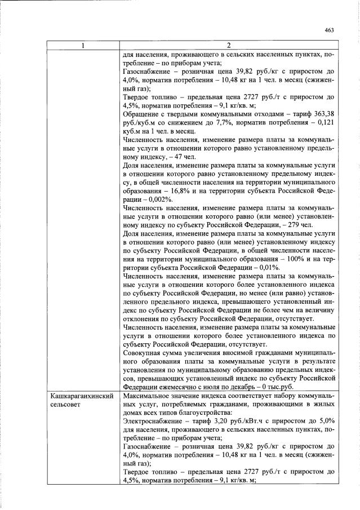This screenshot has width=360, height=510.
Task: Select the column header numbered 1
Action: pyautogui.click(x=83, y=45)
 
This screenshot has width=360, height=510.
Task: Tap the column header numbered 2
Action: pyautogui.click(x=229, y=45)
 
